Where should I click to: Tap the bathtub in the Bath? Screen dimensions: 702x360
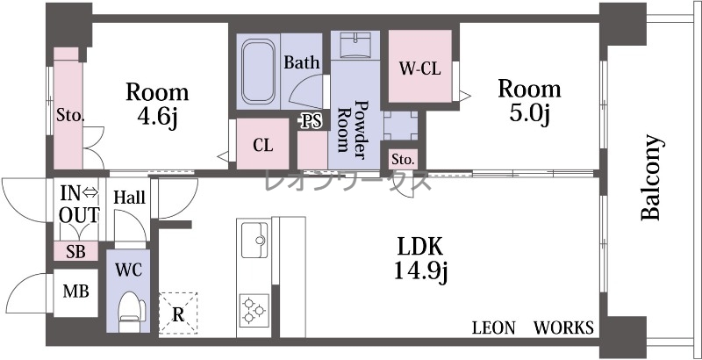[258, 72]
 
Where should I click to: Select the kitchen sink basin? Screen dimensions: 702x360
[254, 240]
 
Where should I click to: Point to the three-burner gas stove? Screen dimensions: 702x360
[254, 310]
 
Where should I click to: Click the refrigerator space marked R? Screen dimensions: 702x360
[178, 313]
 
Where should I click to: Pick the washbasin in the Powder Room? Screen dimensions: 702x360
[355, 45]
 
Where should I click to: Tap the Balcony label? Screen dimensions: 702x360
[650, 177]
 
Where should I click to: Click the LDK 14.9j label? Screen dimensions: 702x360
[420, 259]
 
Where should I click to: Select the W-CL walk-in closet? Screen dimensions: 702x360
[420, 66]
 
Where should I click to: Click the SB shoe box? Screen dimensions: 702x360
[75, 251]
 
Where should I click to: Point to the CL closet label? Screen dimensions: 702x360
[262, 145]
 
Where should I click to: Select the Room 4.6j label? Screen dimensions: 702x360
[157, 104]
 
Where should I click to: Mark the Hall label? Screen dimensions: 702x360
[129, 197]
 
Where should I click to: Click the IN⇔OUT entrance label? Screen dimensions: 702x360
[79, 205]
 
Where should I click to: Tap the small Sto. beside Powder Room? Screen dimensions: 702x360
[403, 159]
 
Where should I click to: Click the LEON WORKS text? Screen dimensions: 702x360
[534, 328]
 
